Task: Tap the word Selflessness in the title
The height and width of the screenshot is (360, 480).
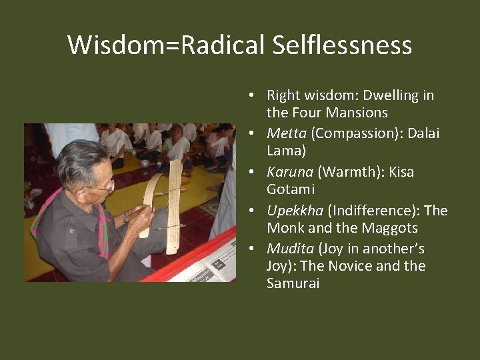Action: [x=342, y=45]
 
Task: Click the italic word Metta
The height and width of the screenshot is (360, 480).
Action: [x=286, y=133]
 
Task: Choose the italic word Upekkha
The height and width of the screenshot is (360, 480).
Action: [x=295, y=211]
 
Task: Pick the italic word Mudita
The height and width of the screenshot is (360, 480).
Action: [x=290, y=249]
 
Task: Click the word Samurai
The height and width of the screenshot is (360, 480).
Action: [x=293, y=283]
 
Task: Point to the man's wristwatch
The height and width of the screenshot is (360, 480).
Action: [x=125, y=217]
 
